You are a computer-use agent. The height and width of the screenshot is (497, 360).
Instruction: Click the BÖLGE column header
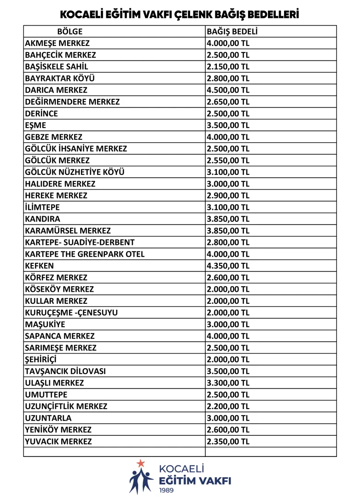point(70,31)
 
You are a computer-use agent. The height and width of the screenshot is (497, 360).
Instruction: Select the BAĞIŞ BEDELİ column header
point(232,31)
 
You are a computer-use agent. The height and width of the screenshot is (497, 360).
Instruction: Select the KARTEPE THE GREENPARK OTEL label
point(85,254)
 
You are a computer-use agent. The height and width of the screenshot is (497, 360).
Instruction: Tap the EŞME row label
point(35,125)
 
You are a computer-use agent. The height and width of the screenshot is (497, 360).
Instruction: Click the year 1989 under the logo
point(167,490)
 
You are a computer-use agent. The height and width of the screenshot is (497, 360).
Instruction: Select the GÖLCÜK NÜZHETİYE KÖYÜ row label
point(75,172)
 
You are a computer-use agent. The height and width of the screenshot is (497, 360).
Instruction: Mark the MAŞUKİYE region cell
point(45,324)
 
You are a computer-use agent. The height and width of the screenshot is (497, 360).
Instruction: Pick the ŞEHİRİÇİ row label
point(41,359)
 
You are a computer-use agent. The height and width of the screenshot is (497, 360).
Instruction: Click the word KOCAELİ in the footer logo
point(181,469)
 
